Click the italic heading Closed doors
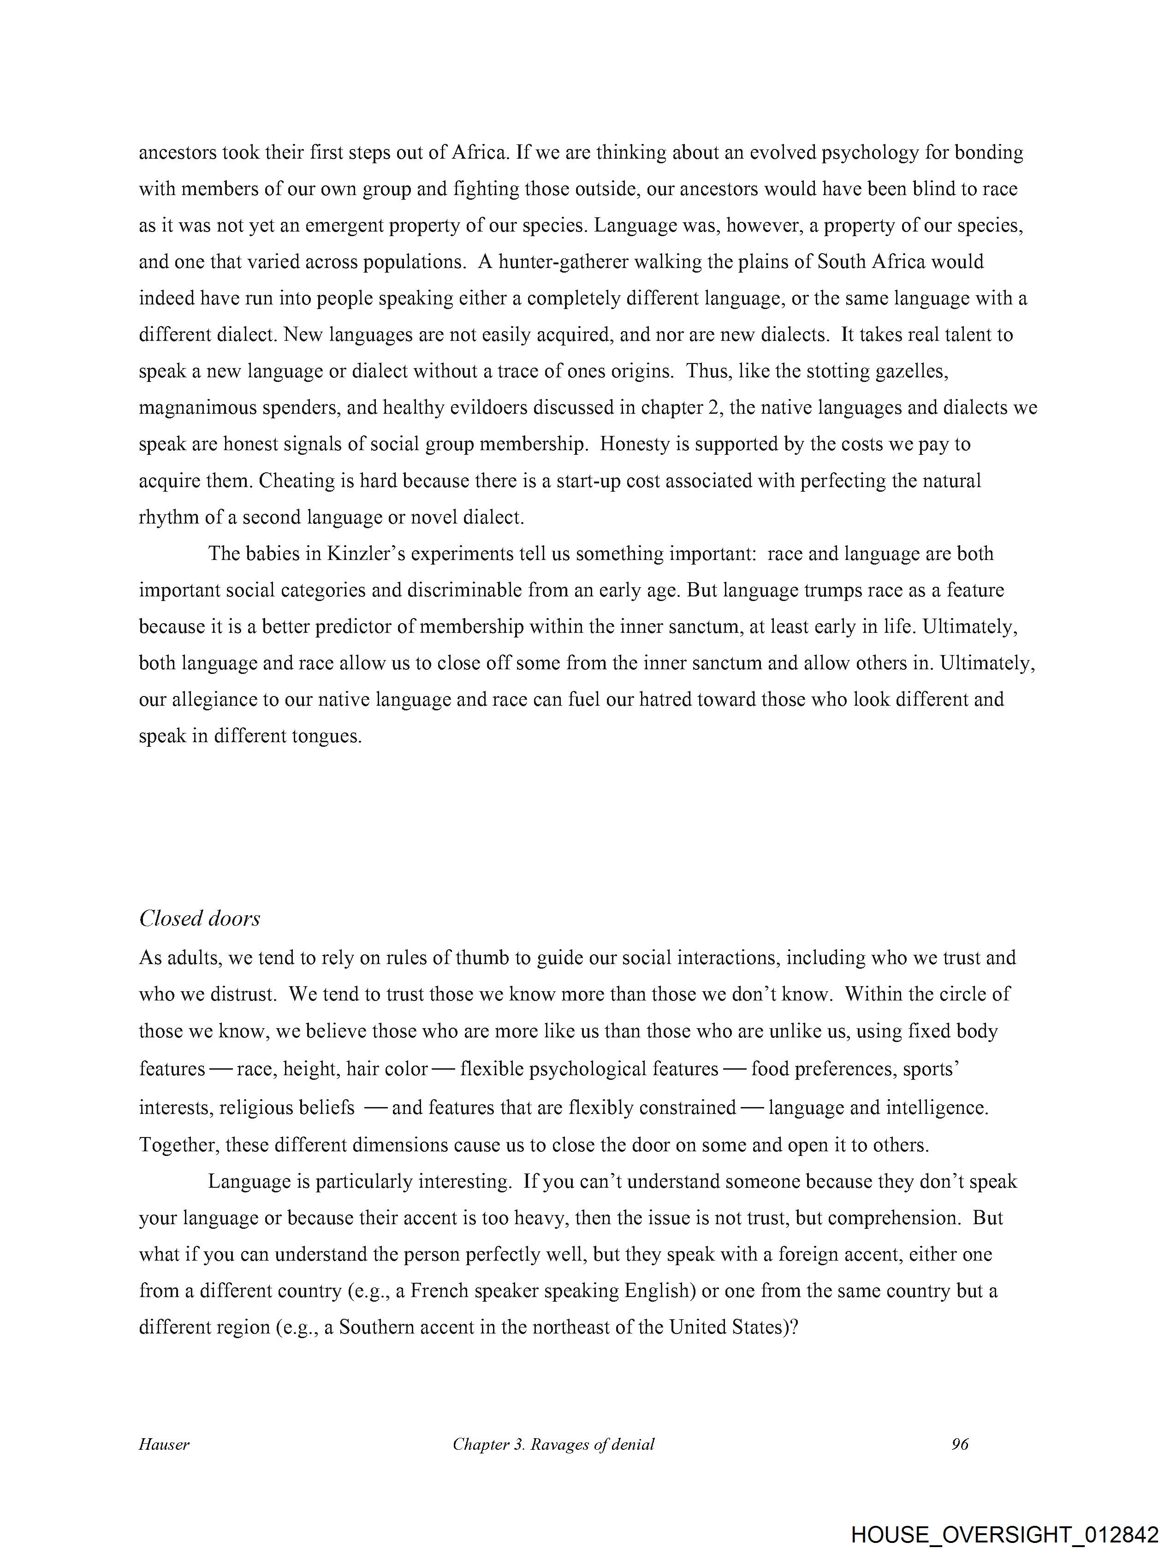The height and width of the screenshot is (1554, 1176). point(200,918)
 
